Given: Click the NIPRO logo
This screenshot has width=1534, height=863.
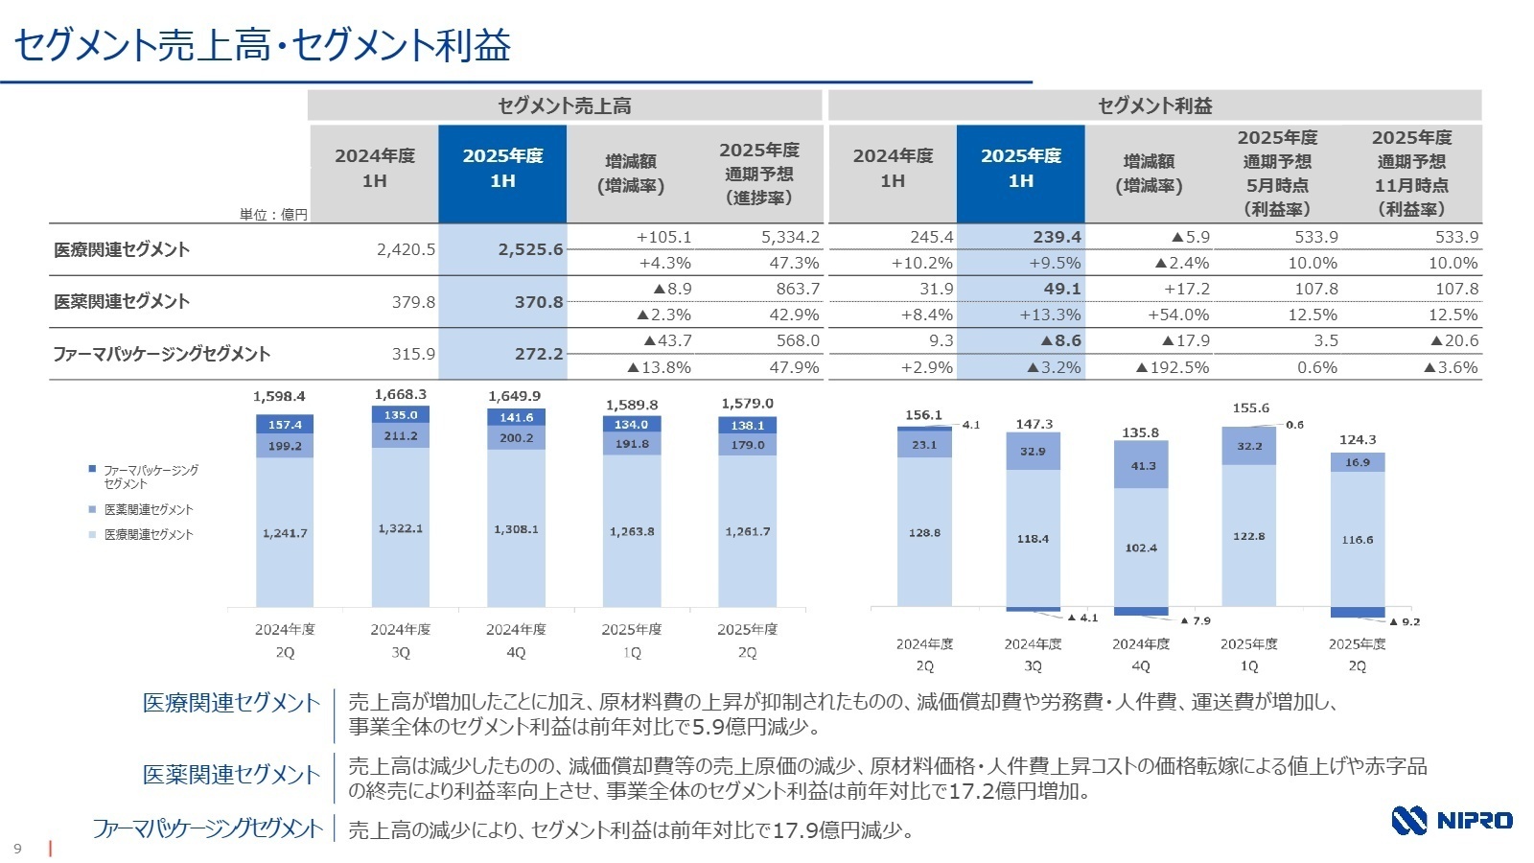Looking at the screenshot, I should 1452,820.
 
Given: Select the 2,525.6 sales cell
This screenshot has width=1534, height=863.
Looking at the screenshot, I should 530,249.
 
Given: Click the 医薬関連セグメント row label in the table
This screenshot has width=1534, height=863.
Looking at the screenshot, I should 122,301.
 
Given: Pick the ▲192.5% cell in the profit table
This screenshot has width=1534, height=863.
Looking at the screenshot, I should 1172,367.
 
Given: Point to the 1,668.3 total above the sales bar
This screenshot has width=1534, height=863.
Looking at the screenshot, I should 400,394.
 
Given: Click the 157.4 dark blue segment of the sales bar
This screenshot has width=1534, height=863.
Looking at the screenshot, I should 285,425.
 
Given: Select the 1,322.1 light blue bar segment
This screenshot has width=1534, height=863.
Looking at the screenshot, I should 400,528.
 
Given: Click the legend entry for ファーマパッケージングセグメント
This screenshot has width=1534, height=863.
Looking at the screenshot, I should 149,477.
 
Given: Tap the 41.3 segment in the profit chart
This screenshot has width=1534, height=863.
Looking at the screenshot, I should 1143,466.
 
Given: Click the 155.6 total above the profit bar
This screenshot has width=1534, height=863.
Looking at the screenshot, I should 1250,408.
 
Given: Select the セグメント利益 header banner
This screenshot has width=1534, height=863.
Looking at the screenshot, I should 1154,105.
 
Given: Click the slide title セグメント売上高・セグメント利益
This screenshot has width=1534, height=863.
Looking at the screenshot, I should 263,45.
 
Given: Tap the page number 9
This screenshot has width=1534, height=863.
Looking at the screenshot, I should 17,849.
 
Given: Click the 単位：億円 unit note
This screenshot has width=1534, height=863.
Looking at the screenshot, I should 273,215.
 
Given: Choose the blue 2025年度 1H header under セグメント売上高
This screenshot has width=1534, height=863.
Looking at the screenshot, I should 502,169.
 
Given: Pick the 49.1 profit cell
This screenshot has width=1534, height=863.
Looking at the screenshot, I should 1061,289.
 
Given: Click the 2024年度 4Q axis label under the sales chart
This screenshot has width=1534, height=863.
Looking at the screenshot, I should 516,640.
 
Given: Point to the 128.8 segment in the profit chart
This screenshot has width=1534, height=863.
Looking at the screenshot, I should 924,532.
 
